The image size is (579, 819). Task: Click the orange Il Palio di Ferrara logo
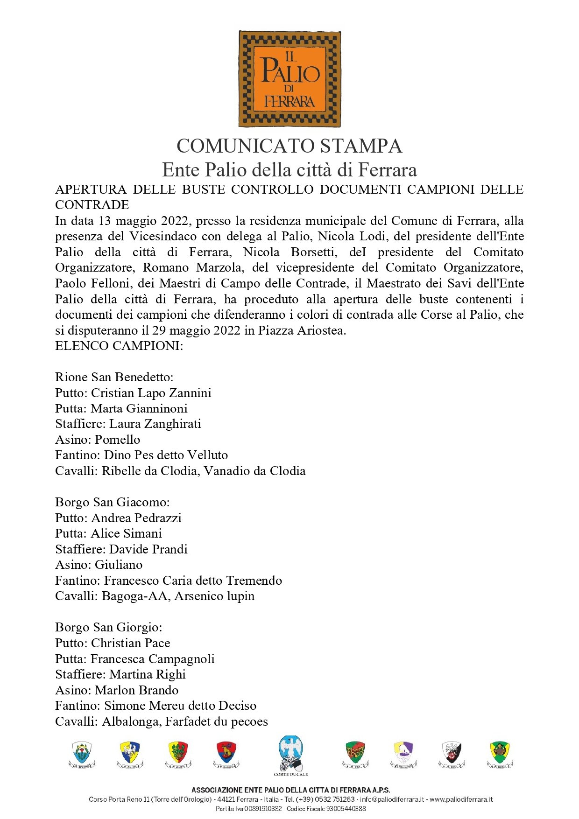[289, 79]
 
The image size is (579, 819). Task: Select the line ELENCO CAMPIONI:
[119, 346]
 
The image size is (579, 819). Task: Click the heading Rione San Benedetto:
[114, 377]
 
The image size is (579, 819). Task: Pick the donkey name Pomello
[117, 440]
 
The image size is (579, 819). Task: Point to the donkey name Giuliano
[119, 565]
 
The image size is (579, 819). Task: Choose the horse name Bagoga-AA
[134, 596]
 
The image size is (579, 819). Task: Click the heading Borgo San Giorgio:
[109, 627]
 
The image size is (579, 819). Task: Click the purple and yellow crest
[403, 754]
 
